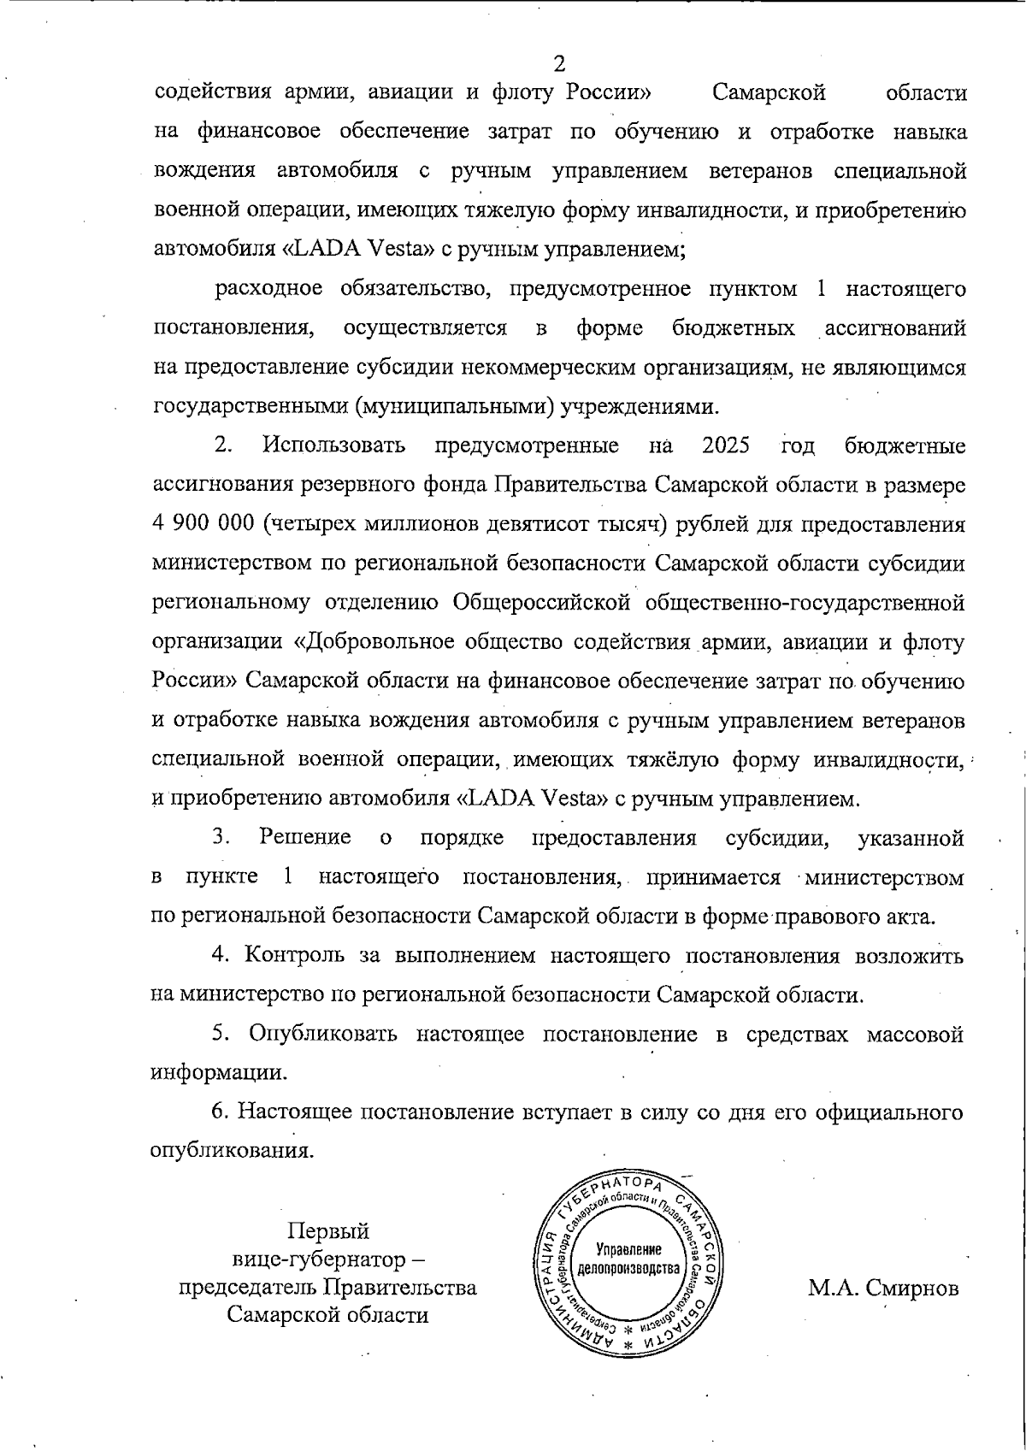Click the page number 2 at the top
tap(560, 64)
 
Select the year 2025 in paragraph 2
tap(725, 445)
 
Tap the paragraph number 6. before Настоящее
tap(220, 1112)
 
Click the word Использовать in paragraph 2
tap(334, 445)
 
